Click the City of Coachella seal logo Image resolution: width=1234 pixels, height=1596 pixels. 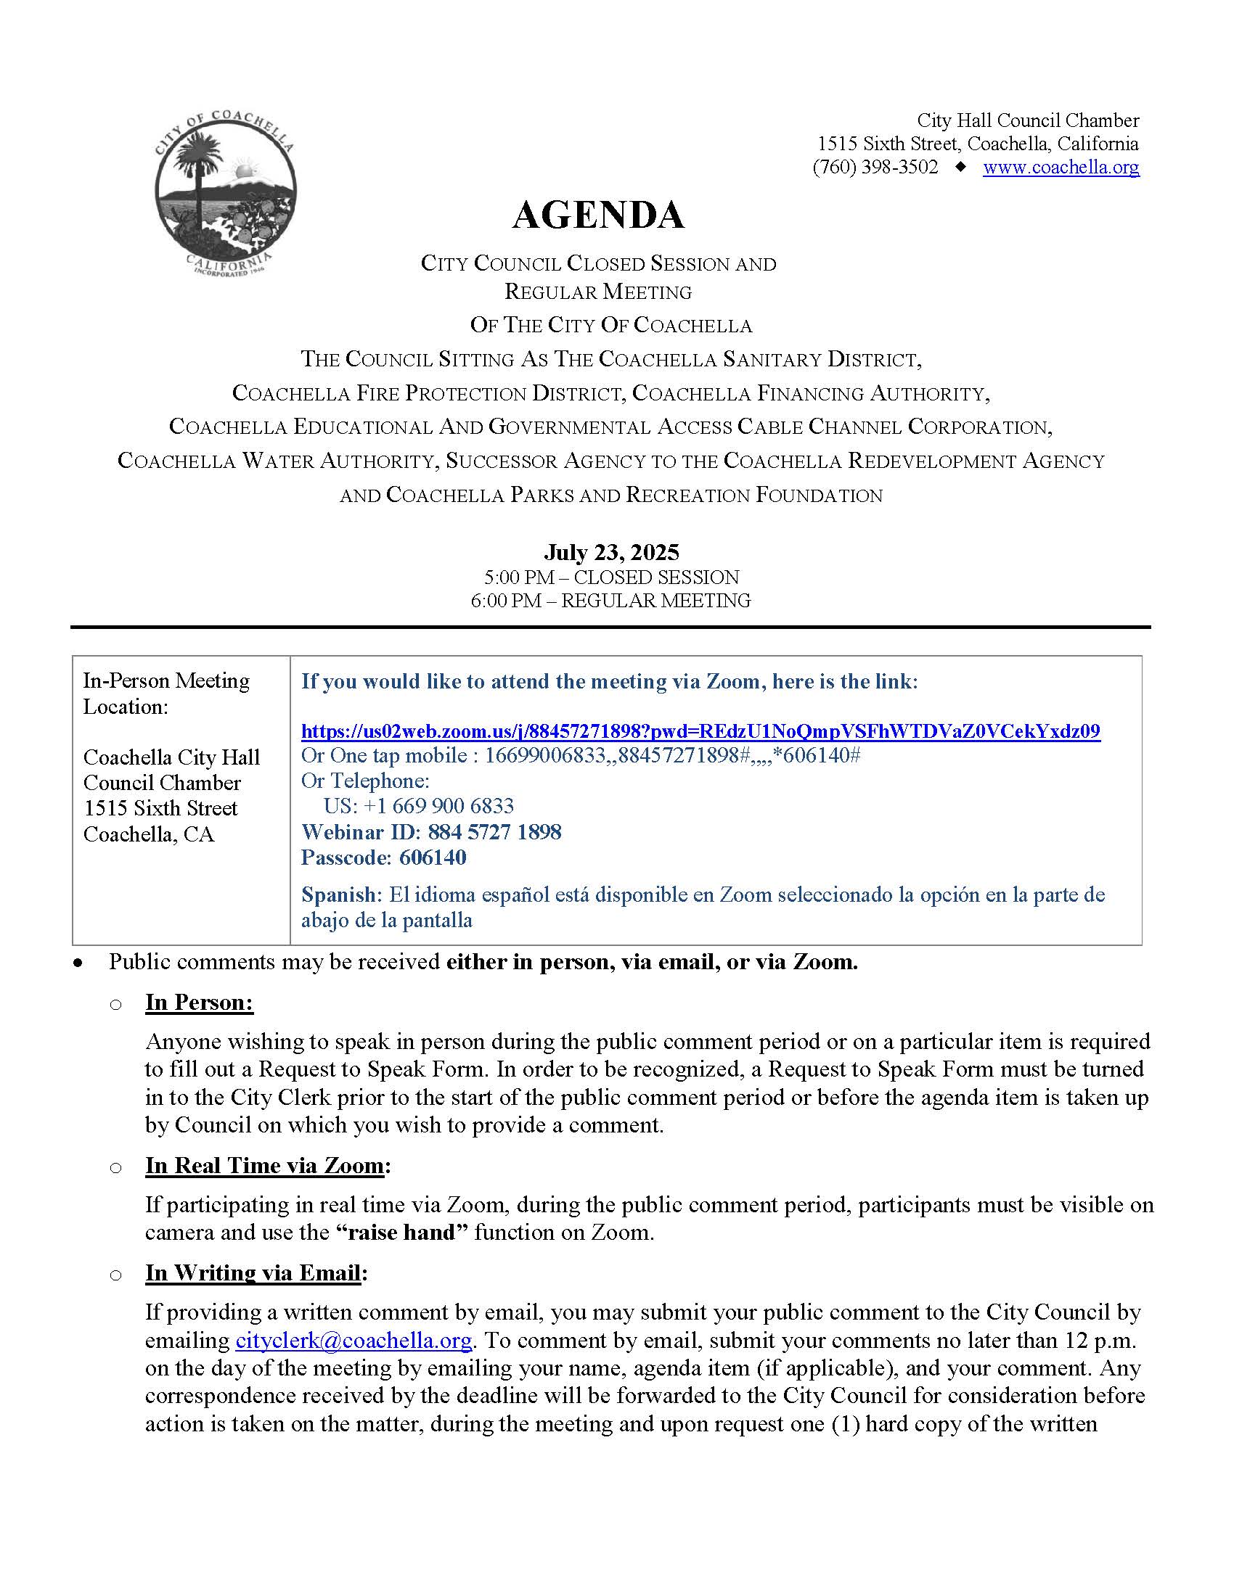225,192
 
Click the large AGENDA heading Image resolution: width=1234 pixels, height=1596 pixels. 598,215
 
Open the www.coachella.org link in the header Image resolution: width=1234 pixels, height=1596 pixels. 1061,168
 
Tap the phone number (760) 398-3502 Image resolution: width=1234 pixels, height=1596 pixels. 875,168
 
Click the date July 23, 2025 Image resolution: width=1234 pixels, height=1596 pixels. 611,552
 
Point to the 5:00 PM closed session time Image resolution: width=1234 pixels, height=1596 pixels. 611,577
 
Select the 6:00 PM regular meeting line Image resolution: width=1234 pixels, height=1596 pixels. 611,601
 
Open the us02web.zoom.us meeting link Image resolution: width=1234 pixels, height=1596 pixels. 700,731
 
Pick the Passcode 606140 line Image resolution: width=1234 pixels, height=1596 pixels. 384,857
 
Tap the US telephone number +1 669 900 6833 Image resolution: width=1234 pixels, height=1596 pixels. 419,806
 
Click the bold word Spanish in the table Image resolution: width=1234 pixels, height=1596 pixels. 340,894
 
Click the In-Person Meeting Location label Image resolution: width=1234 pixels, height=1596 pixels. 166,694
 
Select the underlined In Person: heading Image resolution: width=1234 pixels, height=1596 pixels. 199,1002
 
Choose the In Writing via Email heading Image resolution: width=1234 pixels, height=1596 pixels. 253,1272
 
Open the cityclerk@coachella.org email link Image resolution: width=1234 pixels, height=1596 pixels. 353,1340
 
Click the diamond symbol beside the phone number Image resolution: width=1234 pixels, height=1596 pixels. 960,168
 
